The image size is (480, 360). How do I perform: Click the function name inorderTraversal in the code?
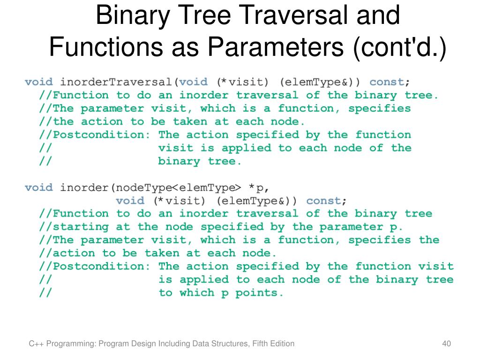tap(117, 82)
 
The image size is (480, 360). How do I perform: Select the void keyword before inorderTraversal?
tap(38, 82)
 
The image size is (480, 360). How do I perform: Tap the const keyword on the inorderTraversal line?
tap(387, 82)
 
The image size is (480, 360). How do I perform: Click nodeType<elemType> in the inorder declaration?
tap(176, 187)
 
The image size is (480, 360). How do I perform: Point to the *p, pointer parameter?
tap(259, 187)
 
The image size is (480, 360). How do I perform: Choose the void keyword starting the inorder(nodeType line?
tap(38, 187)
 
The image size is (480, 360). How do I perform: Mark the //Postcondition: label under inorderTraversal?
tap(96, 135)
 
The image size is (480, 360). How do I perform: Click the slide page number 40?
tap(446, 344)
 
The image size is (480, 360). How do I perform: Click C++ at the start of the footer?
tap(35, 344)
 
